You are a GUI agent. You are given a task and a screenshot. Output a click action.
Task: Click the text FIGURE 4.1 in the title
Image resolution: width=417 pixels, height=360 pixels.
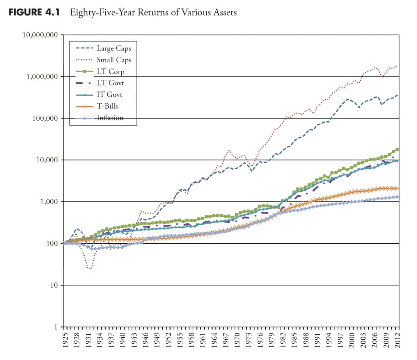pyautogui.click(x=34, y=12)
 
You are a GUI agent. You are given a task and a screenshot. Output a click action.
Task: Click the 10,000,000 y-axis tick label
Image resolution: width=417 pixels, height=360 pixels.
pyautogui.click(x=40, y=35)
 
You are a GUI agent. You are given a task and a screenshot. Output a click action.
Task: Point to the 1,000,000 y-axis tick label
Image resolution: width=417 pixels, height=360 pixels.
pyautogui.click(x=42, y=76)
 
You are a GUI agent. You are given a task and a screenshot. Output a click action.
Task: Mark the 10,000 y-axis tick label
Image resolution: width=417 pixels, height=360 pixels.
pyautogui.click(x=46, y=160)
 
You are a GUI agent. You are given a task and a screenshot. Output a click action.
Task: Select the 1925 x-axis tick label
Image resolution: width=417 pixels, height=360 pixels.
pyautogui.click(x=63, y=339)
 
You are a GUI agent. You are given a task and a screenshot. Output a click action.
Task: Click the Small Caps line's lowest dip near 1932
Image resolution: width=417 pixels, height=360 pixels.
pyautogui.click(x=90, y=268)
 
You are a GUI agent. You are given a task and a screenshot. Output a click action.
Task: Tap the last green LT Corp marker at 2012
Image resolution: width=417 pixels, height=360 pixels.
pyautogui.click(x=397, y=150)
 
